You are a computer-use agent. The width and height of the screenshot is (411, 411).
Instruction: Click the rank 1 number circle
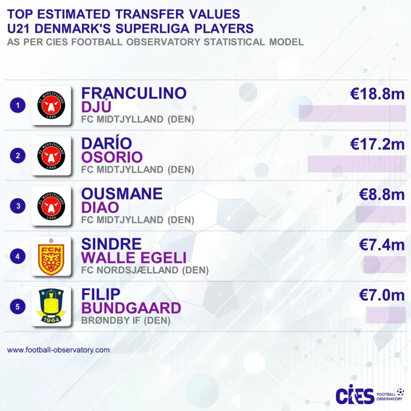pos(18,106)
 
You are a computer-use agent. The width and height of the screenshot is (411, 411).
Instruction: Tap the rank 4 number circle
pos(18,256)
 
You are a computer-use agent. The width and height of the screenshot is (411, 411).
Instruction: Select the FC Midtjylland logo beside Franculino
pos(51,106)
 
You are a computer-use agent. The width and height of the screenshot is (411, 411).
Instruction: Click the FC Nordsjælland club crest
pos(51,256)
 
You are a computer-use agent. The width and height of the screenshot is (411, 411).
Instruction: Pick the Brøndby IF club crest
pos(51,306)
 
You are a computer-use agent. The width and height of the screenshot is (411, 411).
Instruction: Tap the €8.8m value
pos(382,195)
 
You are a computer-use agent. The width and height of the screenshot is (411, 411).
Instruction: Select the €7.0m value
pos(382,295)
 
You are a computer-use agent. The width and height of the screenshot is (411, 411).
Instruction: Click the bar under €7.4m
pos(385,265)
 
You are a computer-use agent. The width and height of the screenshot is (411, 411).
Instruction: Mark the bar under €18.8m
pos(352,114)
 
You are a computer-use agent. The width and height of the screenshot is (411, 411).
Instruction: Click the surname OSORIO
pos(112,157)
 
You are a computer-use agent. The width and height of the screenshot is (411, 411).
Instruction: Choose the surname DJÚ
pos(96,107)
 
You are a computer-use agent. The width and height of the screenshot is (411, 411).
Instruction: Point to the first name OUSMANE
pos(122,194)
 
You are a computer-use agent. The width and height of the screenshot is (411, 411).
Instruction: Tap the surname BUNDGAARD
pos(131,308)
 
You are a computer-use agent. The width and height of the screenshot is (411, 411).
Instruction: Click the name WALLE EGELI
pos(134,258)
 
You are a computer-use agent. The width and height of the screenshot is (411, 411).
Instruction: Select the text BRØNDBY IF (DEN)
pos(126,321)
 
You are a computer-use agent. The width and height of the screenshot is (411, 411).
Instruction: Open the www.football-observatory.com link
pos(58,350)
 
